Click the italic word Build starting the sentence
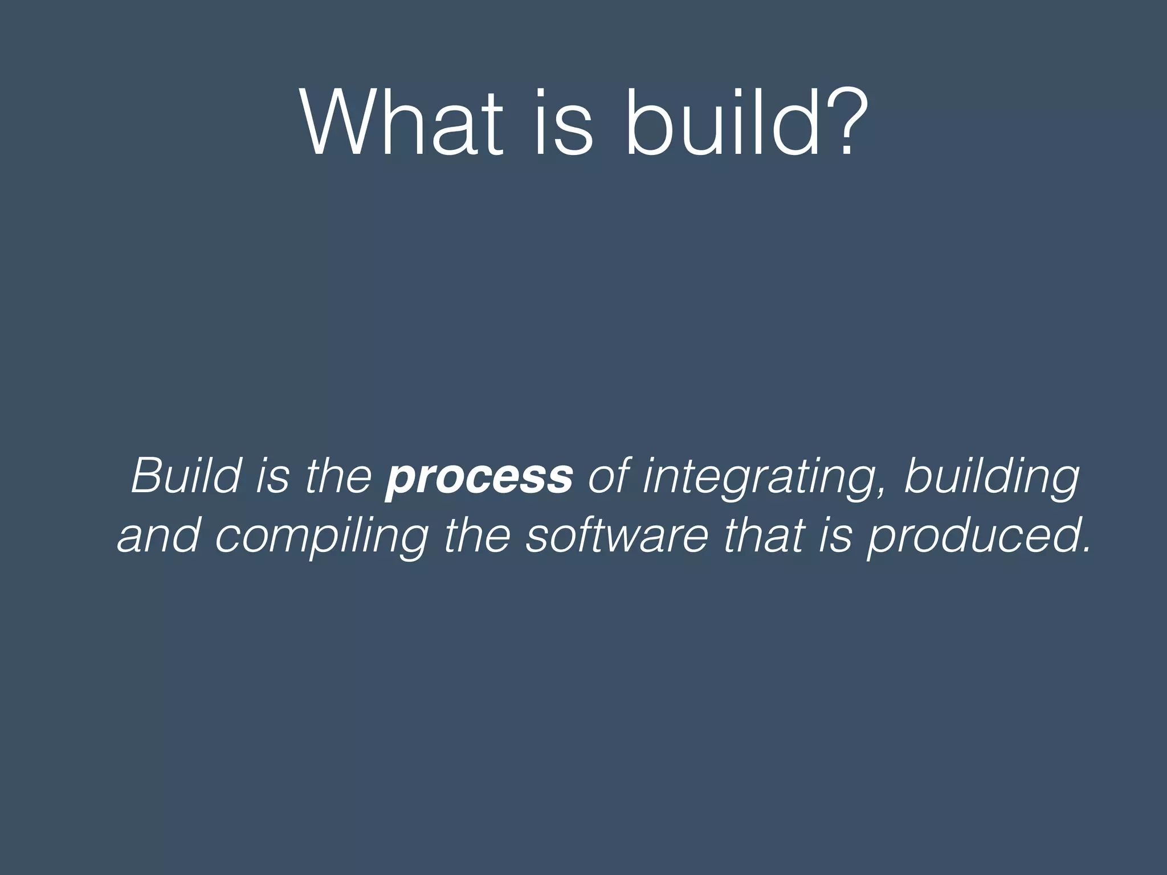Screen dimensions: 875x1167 186,476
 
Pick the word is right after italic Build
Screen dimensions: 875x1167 272,476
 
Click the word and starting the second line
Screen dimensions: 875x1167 158,537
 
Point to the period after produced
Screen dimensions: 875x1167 1083,550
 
